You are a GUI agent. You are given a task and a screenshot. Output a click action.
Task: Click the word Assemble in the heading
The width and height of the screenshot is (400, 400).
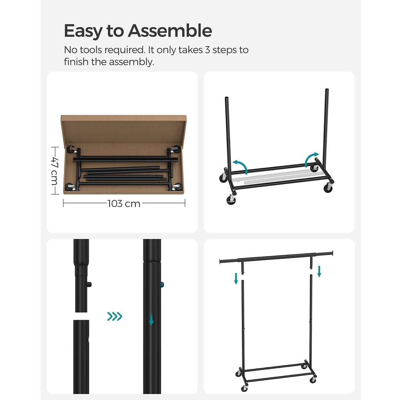pos(170,31)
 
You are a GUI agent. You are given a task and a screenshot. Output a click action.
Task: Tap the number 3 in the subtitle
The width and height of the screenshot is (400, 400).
pos(207,50)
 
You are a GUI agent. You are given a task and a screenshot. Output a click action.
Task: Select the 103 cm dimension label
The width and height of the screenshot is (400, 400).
pos(124,204)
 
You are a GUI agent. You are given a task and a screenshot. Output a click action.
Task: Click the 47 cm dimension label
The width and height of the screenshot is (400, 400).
pos(55,171)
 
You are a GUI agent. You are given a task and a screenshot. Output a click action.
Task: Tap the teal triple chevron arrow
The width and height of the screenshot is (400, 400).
pos(114,316)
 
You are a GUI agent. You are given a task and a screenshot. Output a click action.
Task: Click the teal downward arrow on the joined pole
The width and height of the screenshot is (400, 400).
pos(151,319)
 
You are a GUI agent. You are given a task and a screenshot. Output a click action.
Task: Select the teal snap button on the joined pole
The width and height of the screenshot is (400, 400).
pos(162,285)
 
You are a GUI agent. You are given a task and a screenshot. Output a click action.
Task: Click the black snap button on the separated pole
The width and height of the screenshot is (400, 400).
pos(89,284)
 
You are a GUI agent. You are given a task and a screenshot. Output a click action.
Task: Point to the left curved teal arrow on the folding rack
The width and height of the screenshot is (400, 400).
pos(241,166)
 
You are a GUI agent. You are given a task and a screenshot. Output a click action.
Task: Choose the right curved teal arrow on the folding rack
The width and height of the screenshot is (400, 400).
pos(311,159)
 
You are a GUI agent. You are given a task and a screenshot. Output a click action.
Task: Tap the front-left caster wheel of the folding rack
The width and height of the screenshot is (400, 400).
pos(231,200)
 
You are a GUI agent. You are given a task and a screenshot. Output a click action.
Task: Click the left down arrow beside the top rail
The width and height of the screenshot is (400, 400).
pos(236,279)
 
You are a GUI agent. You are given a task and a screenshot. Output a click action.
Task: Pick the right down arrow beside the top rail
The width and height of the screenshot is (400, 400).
pos(319,271)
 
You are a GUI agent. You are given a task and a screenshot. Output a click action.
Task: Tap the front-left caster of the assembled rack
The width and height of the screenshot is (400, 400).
pos(244,388)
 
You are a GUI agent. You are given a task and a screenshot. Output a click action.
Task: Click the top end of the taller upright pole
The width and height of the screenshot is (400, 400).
pos(327,89)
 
